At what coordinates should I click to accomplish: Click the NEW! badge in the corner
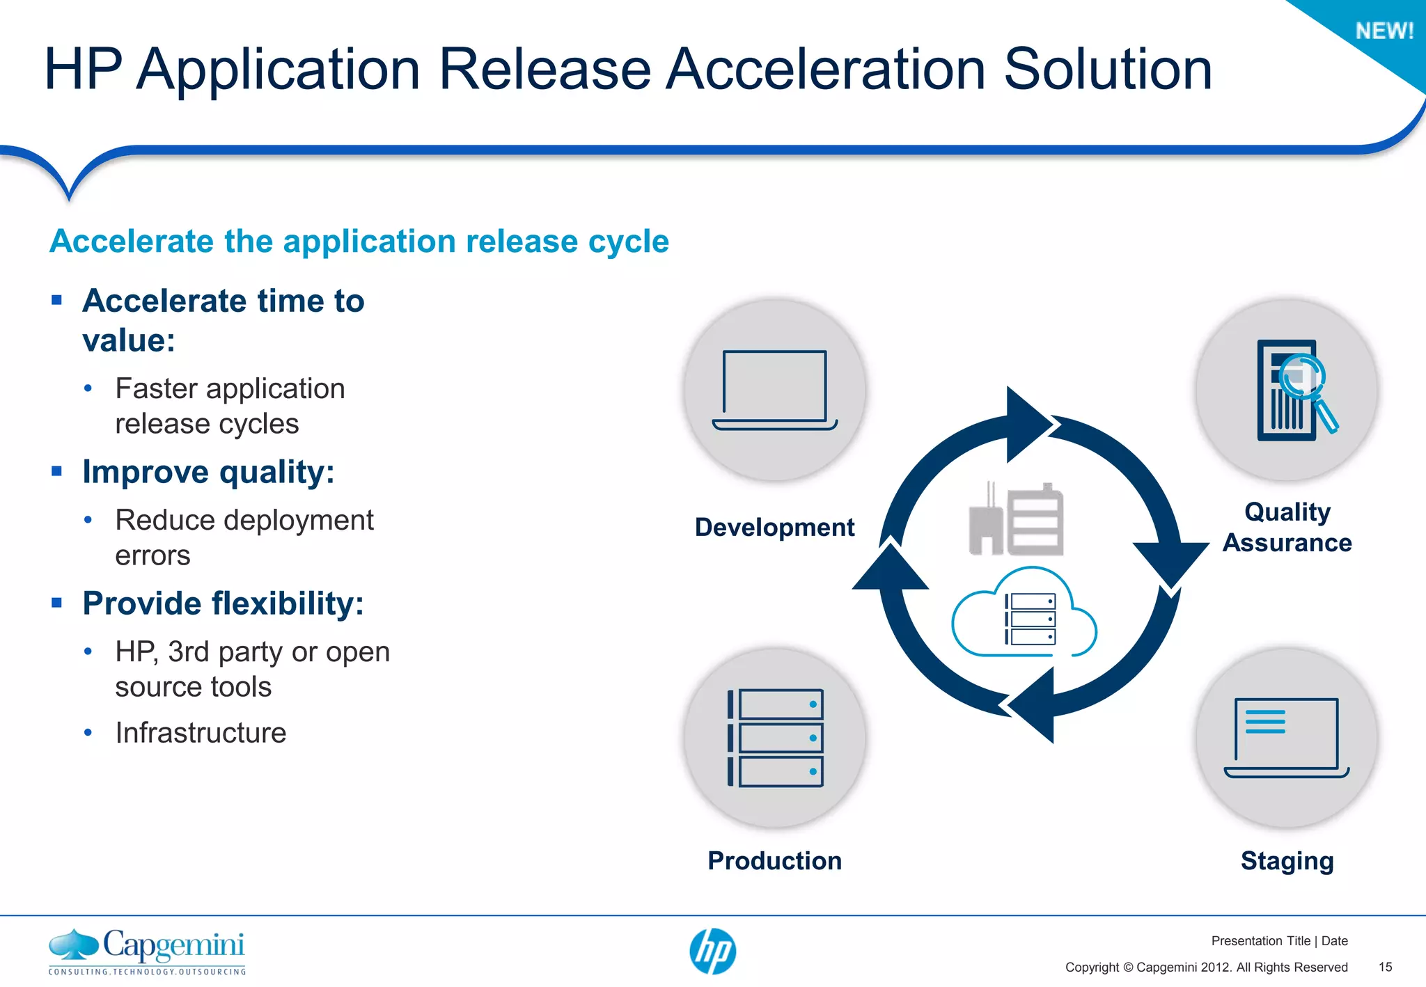(x=1384, y=31)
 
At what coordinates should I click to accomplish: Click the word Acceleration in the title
(x=826, y=70)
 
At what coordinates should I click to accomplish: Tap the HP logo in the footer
(x=712, y=951)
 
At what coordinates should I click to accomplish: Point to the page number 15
(x=1385, y=967)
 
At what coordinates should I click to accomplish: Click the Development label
(x=774, y=527)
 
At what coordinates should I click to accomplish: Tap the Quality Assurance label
(x=1287, y=527)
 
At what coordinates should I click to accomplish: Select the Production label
(x=774, y=860)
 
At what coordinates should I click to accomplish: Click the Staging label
(x=1287, y=861)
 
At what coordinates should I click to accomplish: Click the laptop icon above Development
(x=774, y=390)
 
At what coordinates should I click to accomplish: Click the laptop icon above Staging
(x=1286, y=738)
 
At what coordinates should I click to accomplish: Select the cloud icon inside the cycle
(x=1024, y=616)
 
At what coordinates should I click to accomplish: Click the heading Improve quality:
(x=208, y=472)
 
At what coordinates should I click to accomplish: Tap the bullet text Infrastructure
(x=201, y=732)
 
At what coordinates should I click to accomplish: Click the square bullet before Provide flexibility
(x=57, y=602)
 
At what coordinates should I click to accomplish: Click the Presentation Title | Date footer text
(x=1279, y=941)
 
